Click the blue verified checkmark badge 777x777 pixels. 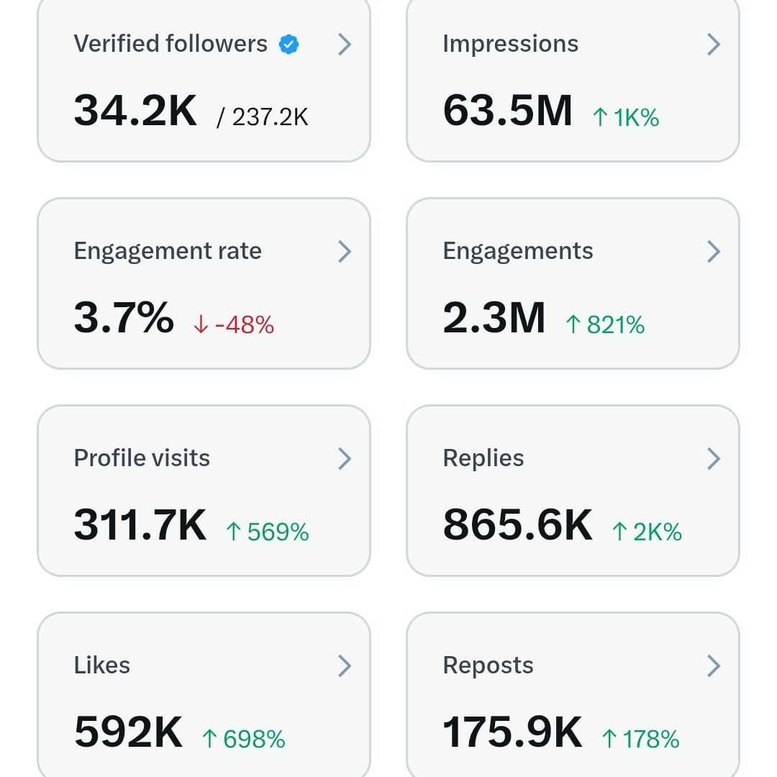point(288,45)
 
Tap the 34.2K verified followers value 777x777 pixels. point(135,112)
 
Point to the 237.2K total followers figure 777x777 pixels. point(263,117)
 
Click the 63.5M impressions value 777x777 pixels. point(507,112)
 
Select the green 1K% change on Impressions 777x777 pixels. point(625,117)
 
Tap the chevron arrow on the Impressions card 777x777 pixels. point(713,45)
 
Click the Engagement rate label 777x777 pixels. point(168,251)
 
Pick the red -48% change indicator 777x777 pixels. point(234,325)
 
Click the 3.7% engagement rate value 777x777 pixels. point(124,318)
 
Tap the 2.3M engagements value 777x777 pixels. point(494,318)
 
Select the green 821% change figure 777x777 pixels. point(605,325)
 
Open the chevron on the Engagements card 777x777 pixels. point(713,251)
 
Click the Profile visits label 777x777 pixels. point(142,458)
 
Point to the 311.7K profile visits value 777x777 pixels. point(140,525)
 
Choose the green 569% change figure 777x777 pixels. point(267,532)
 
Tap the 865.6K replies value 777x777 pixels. point(517,525)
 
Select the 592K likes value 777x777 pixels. point(129,732)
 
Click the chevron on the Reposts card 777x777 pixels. point(713,665)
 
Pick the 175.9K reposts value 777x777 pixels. point(512,732)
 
